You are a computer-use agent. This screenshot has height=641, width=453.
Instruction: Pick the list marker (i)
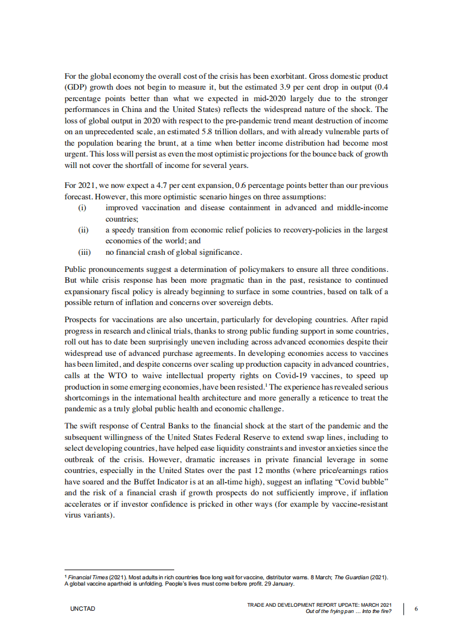coord(82,207)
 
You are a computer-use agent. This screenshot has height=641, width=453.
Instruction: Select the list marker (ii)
coord(83,230)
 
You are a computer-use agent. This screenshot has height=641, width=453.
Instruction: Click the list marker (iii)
coord(84,251)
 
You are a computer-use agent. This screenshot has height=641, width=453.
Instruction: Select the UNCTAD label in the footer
coord(83,609)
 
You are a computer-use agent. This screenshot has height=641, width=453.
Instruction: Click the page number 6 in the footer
coord(416,609)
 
